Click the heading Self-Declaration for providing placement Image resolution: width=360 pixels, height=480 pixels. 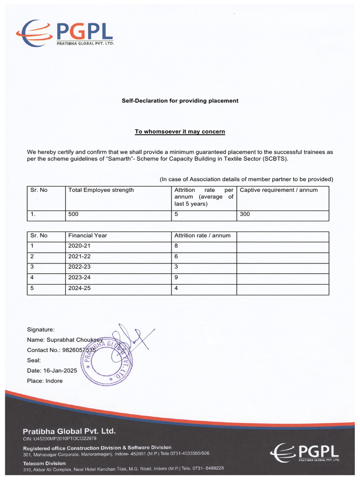[x=180, y=101]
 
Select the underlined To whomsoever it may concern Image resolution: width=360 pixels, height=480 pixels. [x=180, y=132]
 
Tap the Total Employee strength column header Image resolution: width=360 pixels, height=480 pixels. [x=101, y=190]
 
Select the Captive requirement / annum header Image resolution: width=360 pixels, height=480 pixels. [x=278, y=190]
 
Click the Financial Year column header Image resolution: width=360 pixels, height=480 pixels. [x=88, y=235]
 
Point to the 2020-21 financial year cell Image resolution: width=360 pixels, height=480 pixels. [x=79, y=246]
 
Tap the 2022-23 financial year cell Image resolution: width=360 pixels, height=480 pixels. [x=79, y=267]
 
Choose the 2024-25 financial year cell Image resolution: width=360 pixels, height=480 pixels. [x=79, y=289]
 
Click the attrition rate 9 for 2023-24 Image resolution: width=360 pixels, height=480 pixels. [x=176, y=278]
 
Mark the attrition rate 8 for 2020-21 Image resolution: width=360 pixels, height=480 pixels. [x=176, y=246]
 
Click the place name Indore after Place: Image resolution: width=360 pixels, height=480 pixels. [x=54, y=381]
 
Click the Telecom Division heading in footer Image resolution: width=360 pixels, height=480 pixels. [x=45, y=463]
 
